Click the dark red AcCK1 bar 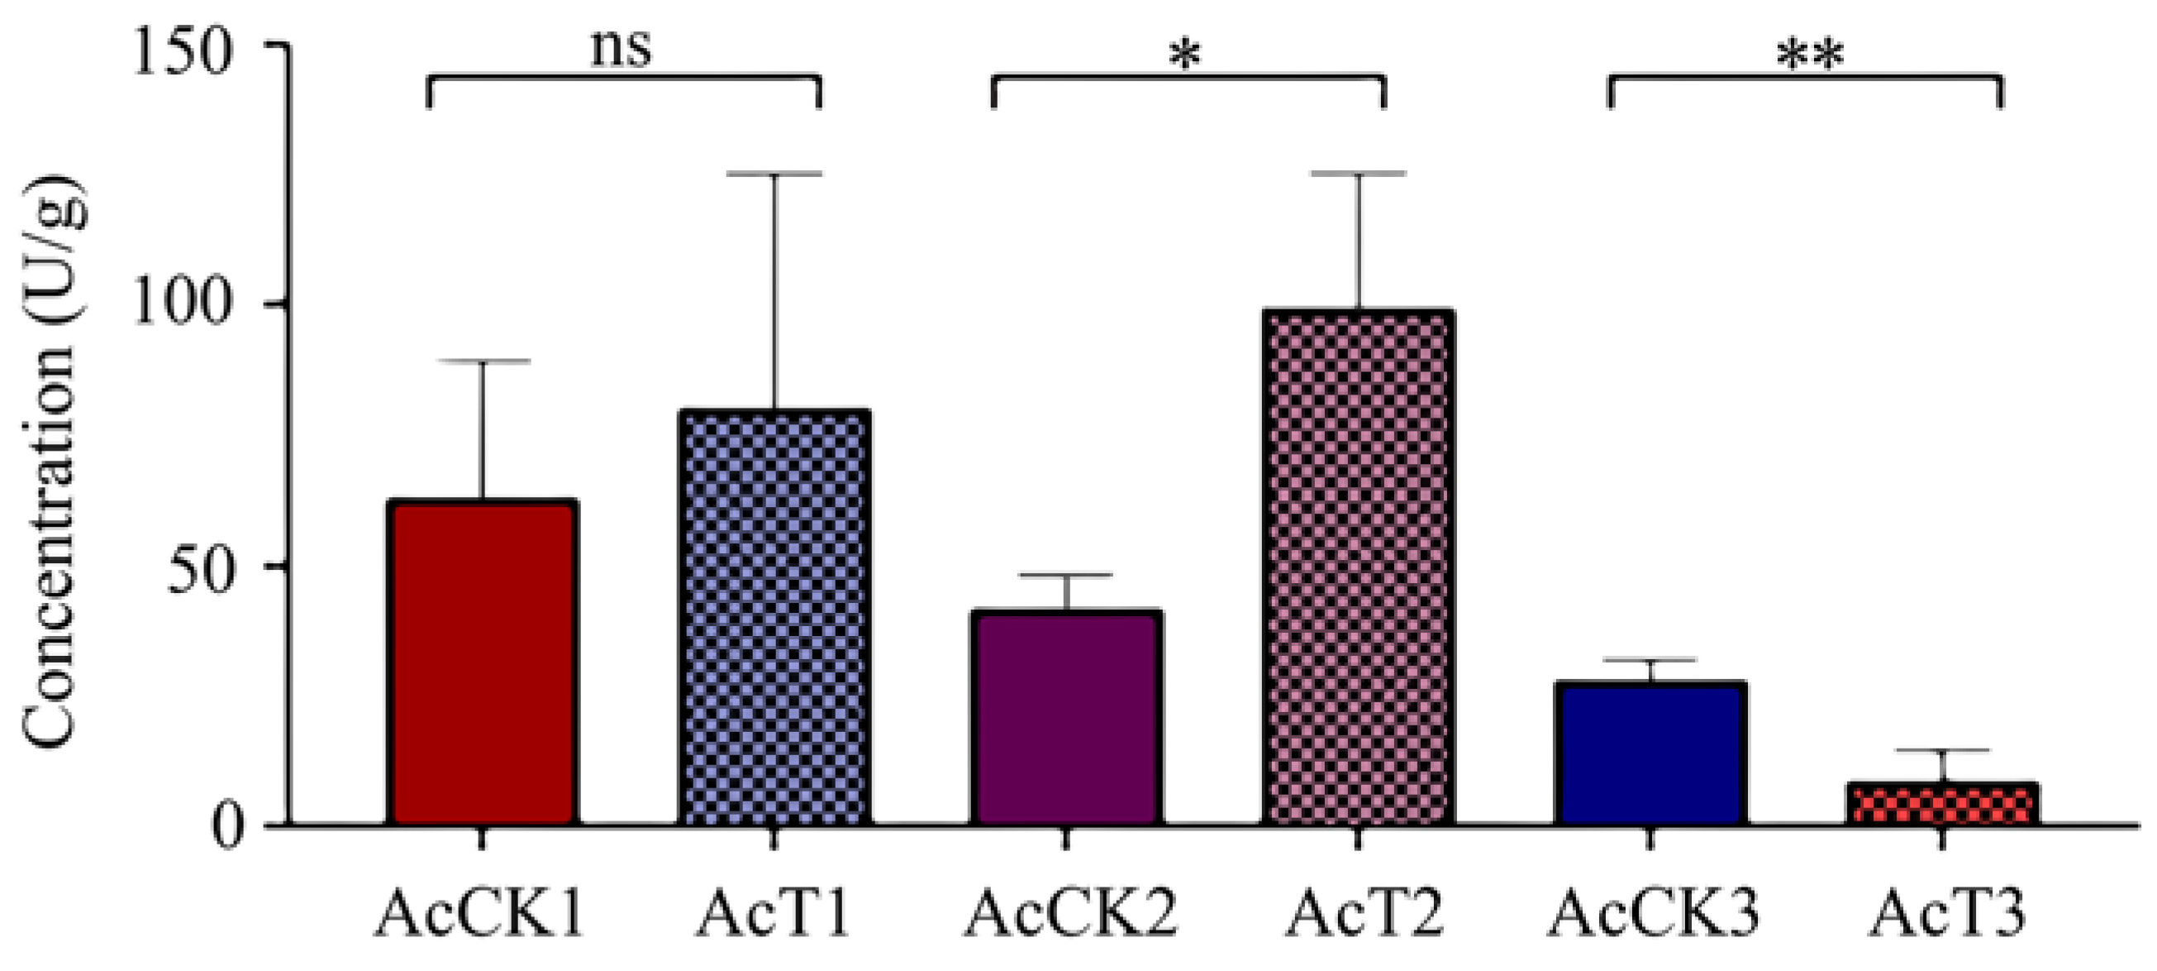[x=483, y=662]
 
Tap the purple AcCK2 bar [x=1067, y=717]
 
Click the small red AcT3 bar [x=1943, y=804]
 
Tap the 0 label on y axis [x=225, y=826]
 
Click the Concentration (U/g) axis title [x=50, y=461]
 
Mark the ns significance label [x=621, y=49]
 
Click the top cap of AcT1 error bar [x=774, y=175]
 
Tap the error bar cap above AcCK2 [x=1067, y=576]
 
